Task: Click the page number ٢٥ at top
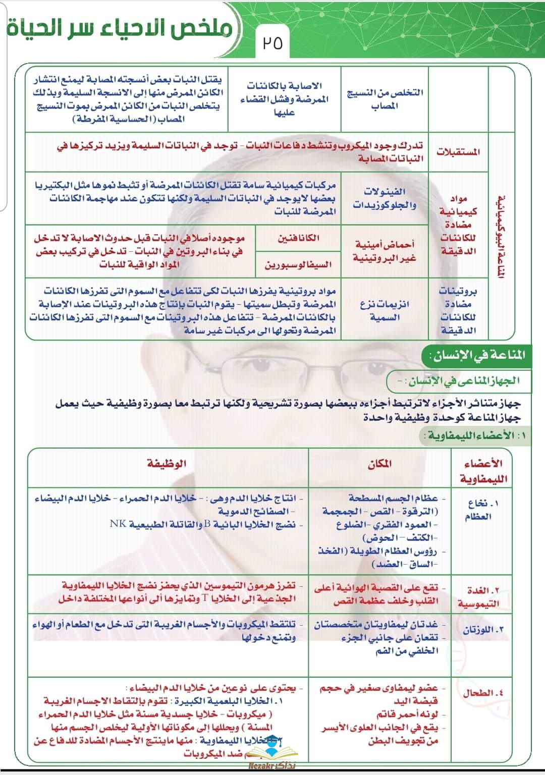272,43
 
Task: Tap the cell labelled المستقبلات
458,152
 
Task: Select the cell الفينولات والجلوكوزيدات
385,198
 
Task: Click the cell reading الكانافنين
298,238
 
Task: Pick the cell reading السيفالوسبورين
298,264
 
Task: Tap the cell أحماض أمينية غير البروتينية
385,251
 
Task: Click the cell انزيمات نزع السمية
385,311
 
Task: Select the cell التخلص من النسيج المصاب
385,99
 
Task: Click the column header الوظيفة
167,463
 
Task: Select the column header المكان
379,464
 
